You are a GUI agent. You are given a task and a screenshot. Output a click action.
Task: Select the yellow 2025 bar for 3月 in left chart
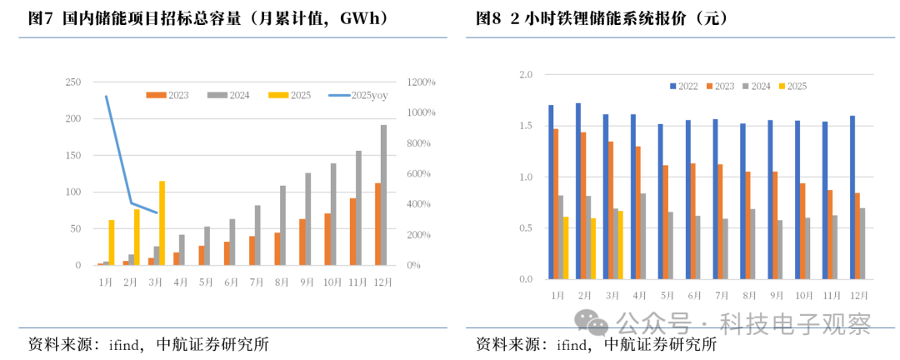pos(162,223)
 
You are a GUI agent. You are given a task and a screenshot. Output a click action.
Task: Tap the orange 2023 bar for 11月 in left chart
pos(353,232)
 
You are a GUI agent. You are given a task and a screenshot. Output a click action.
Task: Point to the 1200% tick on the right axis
pos(422,82)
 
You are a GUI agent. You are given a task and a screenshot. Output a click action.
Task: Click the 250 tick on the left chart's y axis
pos(73,82)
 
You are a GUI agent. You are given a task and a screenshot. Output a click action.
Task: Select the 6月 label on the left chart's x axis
pos(231,282)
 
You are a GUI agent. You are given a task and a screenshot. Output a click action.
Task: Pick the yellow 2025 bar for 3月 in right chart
pos(620,245)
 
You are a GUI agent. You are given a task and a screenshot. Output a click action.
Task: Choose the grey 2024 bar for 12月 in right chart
pos(861,243)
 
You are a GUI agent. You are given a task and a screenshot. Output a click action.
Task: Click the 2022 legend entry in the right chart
pos(683,87)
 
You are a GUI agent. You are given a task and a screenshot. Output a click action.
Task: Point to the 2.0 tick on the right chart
pos(526,75)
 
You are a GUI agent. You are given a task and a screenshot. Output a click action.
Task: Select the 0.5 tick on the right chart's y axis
pos(526,228)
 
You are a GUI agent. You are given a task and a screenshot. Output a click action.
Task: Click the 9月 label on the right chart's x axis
pos(776,296)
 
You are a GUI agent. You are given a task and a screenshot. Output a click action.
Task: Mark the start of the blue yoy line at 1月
pos(106,97)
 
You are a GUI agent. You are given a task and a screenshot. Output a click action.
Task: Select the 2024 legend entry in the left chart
pos(230,95)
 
